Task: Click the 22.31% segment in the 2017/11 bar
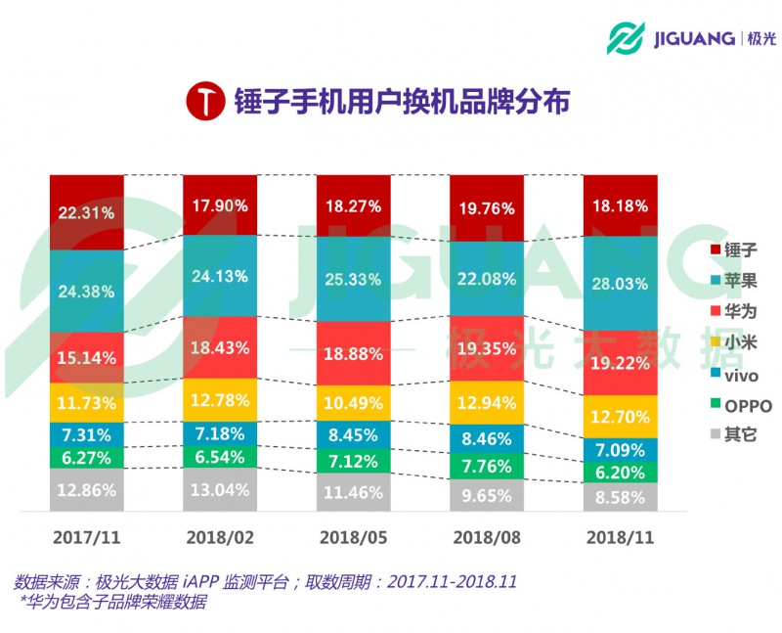click(x=87, y=211)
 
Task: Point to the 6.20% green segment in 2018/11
click(x=620, y=472)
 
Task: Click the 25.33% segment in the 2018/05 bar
click(x=352, y=280)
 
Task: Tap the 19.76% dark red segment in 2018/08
click(x=486, y=207)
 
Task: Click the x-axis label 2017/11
click(x=87, y=539)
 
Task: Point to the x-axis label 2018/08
click(x=486, y=539)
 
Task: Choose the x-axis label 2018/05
click(x=352, y=539)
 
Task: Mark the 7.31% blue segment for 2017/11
click(x=87, y=435)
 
